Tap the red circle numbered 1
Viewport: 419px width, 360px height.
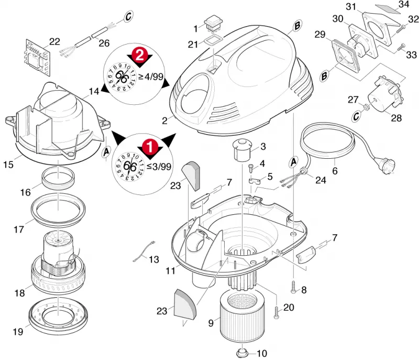tap(150, 146)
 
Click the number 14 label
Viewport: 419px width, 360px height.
tap(94, 91)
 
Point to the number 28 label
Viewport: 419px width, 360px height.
tap(396, 118)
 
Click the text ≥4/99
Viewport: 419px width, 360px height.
tap(151, 77)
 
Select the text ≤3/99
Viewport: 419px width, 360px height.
tap(159, 166)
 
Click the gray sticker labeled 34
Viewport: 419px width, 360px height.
tap(388, 9)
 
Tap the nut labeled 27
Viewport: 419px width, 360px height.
tap(366, 107)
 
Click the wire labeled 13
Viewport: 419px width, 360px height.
tap(143, 251)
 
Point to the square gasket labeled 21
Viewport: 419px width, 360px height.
tap(213, 41)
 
